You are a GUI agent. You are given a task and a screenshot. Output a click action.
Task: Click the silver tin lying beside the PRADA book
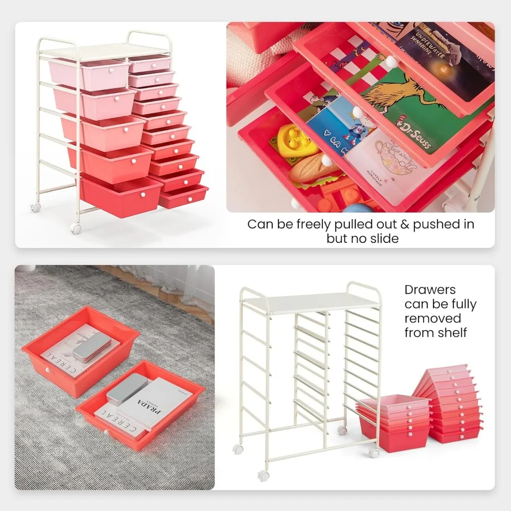(128, 389)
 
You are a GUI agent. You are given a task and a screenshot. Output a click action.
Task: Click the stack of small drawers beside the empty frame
(450, 404)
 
